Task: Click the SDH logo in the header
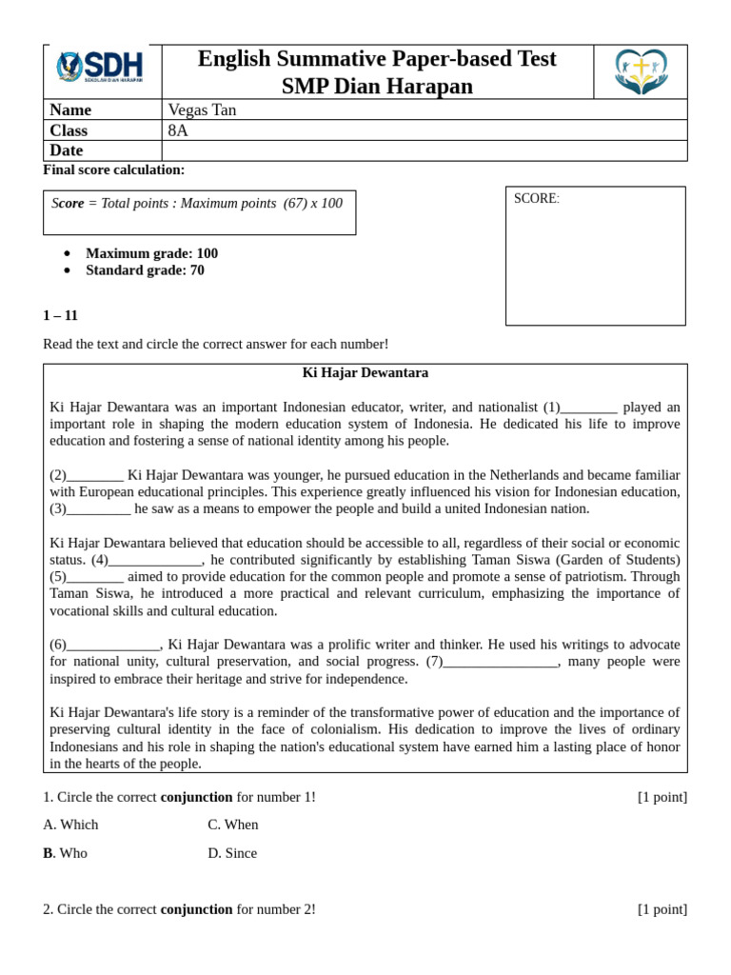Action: [100, 68]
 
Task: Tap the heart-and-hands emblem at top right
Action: [641, 71]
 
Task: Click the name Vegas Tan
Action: [202, 110]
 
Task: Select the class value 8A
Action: [178, 130]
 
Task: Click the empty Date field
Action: [424, 150]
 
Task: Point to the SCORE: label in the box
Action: [537, 199]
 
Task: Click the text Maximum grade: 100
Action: [151, 253]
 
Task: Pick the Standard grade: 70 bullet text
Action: [145, 270]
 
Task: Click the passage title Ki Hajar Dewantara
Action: [365, 373]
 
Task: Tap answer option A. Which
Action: [70, 825]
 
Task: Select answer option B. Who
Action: [65, 853]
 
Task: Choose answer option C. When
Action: [232, 825]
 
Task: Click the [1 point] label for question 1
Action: [662, 797]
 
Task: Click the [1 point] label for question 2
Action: [662, 909]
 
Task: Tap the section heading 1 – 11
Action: [60, 315]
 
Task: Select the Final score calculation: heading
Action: [114, 169]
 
